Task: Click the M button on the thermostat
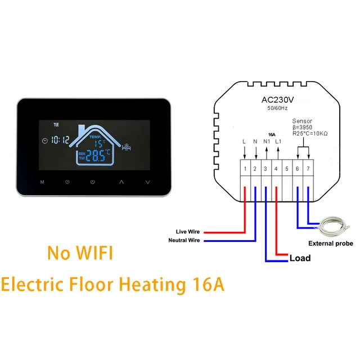[x=42, y=182]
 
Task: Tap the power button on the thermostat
[x=93, y=182]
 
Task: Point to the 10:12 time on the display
[x=60, y=140]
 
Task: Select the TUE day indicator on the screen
[x=56, y=125]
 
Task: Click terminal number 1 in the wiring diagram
[x=245, y=168]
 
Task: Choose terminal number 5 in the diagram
[x=286, y=168]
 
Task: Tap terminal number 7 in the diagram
[x=307, y=168]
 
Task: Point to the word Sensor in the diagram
[x=302, y=121]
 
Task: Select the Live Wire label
[x=188, y=232]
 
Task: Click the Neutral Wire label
[x=184, y=241]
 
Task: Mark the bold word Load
[x=299, y=259]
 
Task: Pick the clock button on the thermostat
[x=67, y=182]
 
